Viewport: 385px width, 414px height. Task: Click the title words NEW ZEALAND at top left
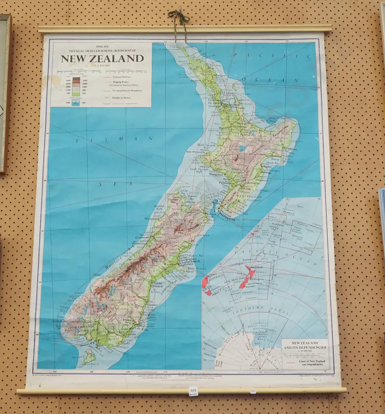(102, 58)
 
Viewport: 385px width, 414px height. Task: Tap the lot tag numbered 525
(193, 391)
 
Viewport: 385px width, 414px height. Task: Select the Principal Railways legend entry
(122, 76)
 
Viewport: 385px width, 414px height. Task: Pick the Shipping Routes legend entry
(122, 82)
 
